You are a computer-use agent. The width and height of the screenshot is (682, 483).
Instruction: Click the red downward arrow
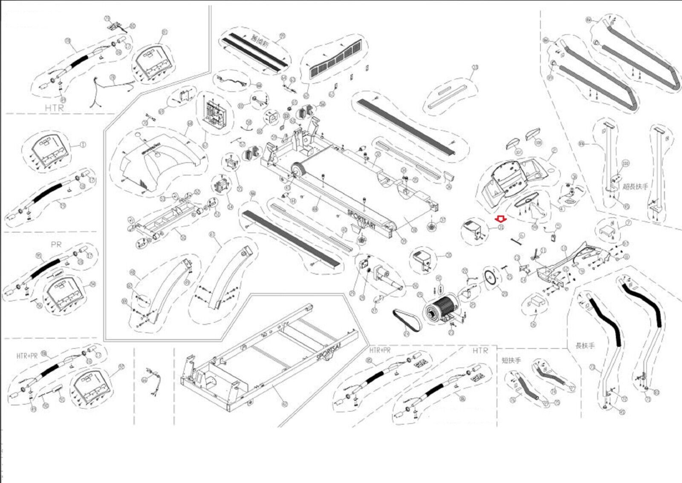coord(501,219)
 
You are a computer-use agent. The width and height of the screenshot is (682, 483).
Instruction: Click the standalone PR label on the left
coord(56,244)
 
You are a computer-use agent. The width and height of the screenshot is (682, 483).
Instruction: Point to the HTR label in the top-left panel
coord(54,108)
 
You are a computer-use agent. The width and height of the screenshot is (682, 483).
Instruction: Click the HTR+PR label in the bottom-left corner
coord(27,356)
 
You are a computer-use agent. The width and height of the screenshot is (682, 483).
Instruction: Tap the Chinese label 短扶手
coord(511,360)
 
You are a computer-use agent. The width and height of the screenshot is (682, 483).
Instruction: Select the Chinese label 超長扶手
coord(635,186)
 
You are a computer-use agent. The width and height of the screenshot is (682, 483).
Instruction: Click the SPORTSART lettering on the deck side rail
coord(361,219)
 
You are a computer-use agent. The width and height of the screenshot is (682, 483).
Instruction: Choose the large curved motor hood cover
coord(158,160)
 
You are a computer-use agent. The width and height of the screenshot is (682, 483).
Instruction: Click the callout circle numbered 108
coord(538,143)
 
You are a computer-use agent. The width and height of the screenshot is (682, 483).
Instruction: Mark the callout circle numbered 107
coord(518,152)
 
